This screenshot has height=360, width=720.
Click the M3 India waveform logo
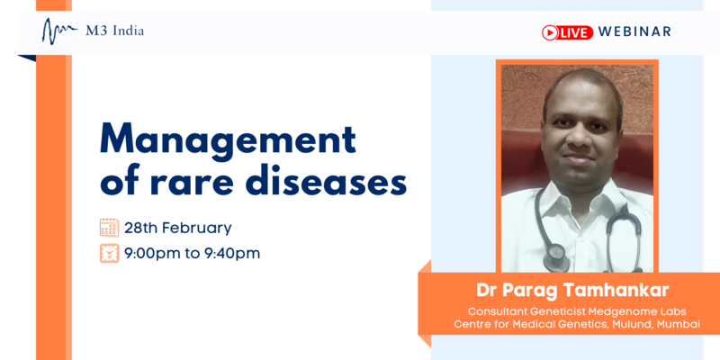[x=59, y=31]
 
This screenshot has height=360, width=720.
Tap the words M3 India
[x=115, y=31]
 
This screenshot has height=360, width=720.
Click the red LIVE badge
[x=568, y=32]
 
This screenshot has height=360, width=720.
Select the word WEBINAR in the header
[x=634, y=31]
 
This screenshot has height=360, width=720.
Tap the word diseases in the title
[x=326, y=180]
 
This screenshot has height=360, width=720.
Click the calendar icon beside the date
[x=109, y=228]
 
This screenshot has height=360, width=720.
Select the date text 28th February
[x=177, y=228]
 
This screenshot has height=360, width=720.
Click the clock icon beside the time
[x=109, y=253]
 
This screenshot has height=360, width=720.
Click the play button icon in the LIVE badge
[x=550, y=32]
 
